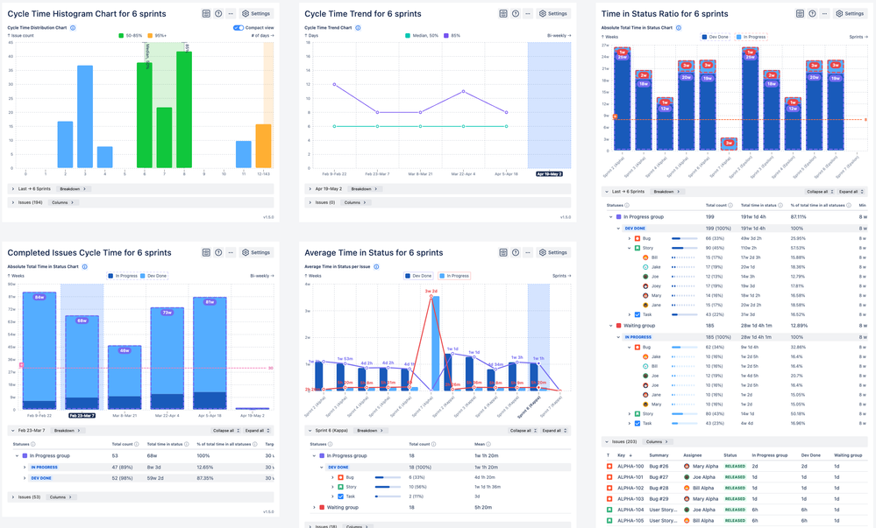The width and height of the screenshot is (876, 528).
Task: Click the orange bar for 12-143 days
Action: tap(263, 145)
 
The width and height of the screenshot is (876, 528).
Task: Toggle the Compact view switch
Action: tap(238, 28)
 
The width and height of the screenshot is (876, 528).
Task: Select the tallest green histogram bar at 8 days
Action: tap(183, 109)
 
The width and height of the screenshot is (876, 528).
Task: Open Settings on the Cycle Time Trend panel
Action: tap(553, 14)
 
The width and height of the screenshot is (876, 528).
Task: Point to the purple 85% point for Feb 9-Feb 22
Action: tap(334, 84)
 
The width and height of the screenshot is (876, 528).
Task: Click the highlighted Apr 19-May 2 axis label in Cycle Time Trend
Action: tap(549, 174)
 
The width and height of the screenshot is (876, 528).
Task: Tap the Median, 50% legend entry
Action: tap(422, 36)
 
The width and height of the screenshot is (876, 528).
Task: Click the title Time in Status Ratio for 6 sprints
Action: tap(665, 14)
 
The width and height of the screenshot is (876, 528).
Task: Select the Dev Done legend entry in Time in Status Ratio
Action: tap(716, 37)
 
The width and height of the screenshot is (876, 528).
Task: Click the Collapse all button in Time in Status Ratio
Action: tap(817, 191)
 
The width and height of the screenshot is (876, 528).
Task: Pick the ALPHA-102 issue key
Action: tap(630, 488)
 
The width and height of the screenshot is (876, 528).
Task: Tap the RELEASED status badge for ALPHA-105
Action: tap(735, 520)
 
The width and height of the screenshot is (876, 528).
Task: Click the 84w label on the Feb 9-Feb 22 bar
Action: tap(39, 298)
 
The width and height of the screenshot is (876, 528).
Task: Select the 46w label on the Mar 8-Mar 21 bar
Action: tap(125, 350)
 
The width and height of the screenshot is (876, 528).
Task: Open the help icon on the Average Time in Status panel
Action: tap(516, 252)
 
